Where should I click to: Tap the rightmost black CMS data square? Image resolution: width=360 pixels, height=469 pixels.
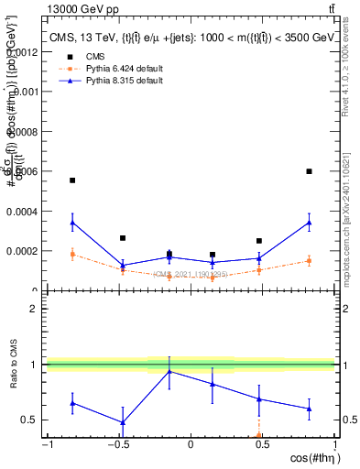click(x=310, y=171)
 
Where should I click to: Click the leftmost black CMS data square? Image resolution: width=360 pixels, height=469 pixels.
click(x=72, y=180)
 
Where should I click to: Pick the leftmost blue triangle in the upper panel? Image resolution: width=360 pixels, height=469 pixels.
click(x=72, y=222)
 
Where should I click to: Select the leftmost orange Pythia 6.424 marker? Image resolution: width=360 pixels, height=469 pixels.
click(x=72, y=255)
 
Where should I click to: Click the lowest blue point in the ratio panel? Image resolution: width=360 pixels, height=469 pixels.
click(x=122, y=422)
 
